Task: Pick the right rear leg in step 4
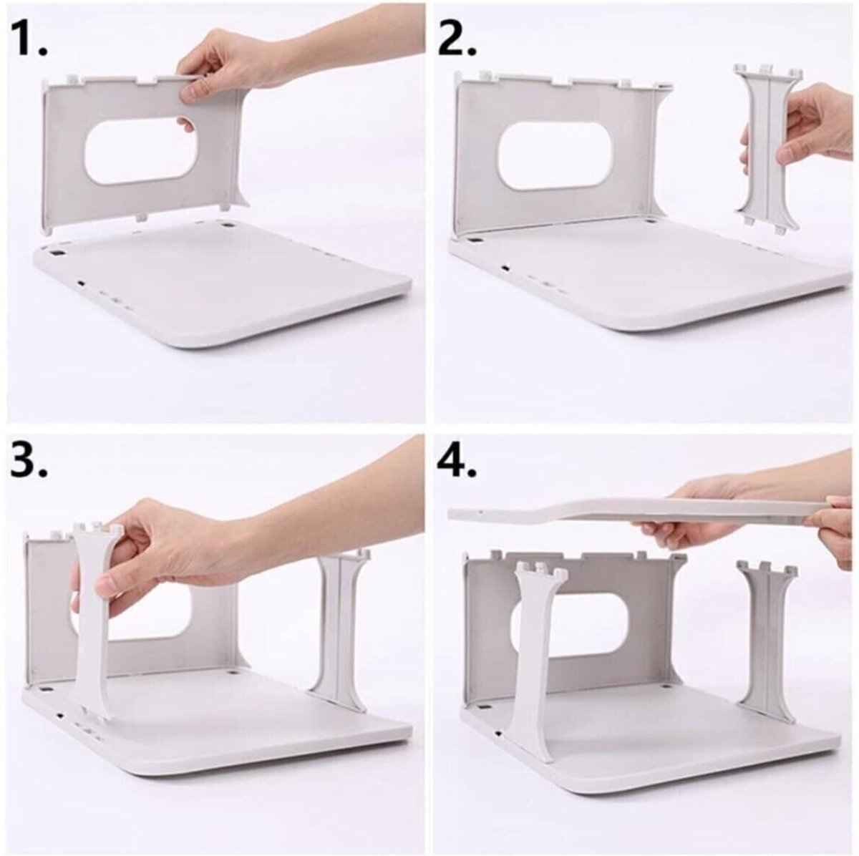coord(767,637)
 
